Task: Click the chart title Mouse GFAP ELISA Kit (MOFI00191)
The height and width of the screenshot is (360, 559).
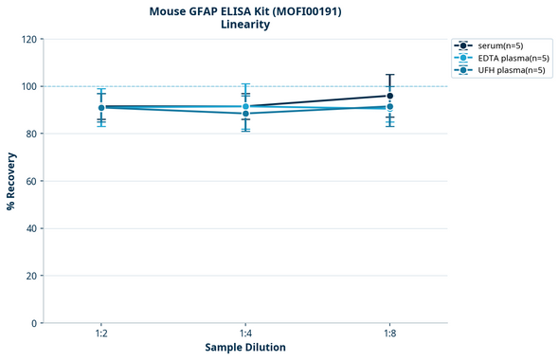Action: click(x=244, y=10)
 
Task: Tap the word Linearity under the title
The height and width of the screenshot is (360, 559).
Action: click(x=244, y=25)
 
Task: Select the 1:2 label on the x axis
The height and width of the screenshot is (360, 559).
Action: click(x=101, y=333)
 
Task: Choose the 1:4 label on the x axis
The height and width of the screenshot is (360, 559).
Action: click(x=245, y=333)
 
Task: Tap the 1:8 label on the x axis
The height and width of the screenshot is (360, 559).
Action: click(x=389, y=333)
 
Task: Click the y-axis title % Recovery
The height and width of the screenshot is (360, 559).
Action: click(x=11, y=180)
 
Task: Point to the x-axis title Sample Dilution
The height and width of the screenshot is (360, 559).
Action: click(x=245, y=348)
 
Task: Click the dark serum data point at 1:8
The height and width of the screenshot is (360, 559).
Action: click(x=389, y=96)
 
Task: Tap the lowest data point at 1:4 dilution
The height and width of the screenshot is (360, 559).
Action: click(x=245, y=114)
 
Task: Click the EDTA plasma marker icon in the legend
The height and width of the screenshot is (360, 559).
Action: click(x=462, y=58)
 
